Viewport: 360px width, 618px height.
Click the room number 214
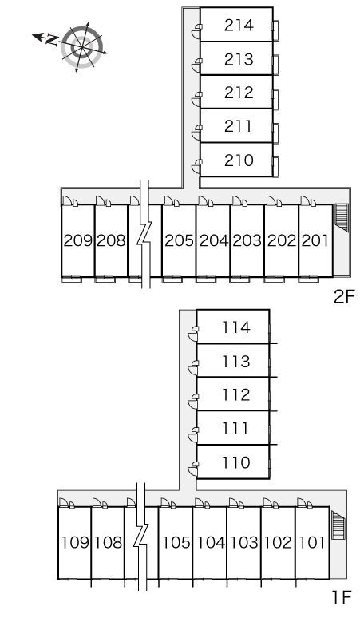click(239, 26)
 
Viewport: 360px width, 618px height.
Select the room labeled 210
click(239, 160)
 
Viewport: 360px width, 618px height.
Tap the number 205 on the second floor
click(180, 240)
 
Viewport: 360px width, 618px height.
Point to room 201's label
click(315, 240)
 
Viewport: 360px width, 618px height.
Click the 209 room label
click(78, 240)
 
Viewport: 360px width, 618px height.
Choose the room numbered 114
click(236, 327)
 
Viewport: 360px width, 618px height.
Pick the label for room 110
click(236, 462)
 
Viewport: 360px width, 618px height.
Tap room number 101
click(312, 543)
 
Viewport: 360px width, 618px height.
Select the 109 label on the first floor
click(75, 543)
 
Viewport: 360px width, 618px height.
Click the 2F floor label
click(344, 297)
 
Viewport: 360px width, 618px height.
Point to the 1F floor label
click(341, 598)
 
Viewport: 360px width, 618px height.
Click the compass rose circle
click(82, 47)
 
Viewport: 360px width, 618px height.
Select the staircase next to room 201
click(341, 218)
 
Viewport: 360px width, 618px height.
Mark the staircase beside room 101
click(338, 525)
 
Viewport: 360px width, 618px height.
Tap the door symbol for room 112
click(193, 402)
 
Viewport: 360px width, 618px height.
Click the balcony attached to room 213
click(276, 64)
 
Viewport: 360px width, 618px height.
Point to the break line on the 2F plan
click(145, 234)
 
